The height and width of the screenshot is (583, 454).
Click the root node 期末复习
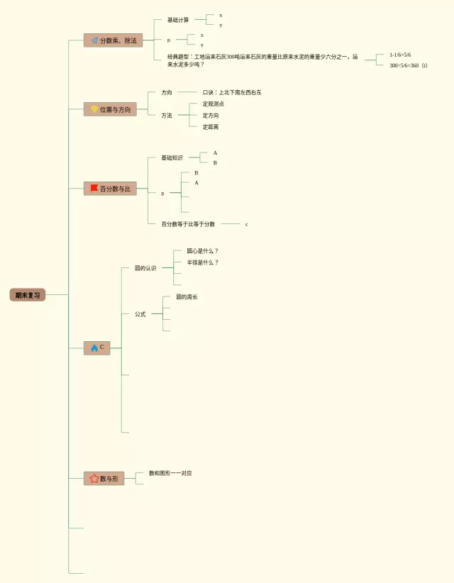coord(28,295)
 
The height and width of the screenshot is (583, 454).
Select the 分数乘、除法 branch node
coord(113,40)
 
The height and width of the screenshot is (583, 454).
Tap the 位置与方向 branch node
coord(110,109)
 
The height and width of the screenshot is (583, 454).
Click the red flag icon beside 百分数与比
coord(94,189)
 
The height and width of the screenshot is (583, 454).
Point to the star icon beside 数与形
coord(94,479)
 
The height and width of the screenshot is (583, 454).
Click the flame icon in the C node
coord(94,348)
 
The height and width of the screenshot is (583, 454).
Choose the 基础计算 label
coord(178,20)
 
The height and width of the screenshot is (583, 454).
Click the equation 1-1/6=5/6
coord(400,55)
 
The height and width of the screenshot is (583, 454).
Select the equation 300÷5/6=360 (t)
coord(408,65)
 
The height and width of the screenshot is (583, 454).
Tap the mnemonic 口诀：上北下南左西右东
coord(232,92)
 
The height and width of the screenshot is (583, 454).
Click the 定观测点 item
coord(214,104)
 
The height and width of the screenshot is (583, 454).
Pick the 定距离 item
coord(211,127)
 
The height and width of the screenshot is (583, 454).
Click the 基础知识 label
coord(172,157)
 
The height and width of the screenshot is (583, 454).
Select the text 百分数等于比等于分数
coord(188,224)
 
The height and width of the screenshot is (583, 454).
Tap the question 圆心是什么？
coord(203,251)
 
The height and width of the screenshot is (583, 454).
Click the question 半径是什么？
coord(203,262)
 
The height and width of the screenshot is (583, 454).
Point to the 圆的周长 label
coord(187,297)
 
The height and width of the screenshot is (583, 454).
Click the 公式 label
coord(140,314)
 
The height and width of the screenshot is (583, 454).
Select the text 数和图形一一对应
coord(170,473)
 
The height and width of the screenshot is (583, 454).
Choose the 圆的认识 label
coord(145,268)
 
